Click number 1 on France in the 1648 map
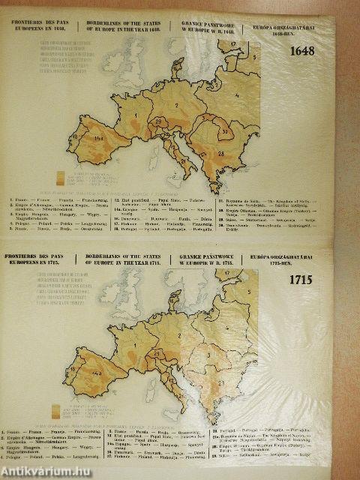pos(135,115)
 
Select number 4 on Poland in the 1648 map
pos(237,95)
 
